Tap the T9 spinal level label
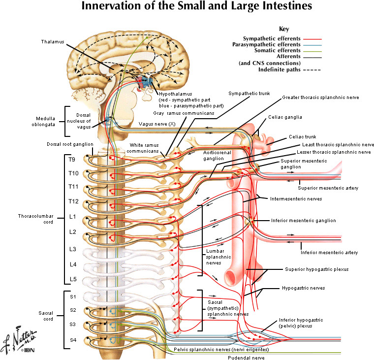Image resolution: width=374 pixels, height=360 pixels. (72, 160)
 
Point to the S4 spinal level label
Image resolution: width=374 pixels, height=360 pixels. (73, 339)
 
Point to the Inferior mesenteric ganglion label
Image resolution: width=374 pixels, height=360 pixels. (304, 221)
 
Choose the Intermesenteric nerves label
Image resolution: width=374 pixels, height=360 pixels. (296, 199)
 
